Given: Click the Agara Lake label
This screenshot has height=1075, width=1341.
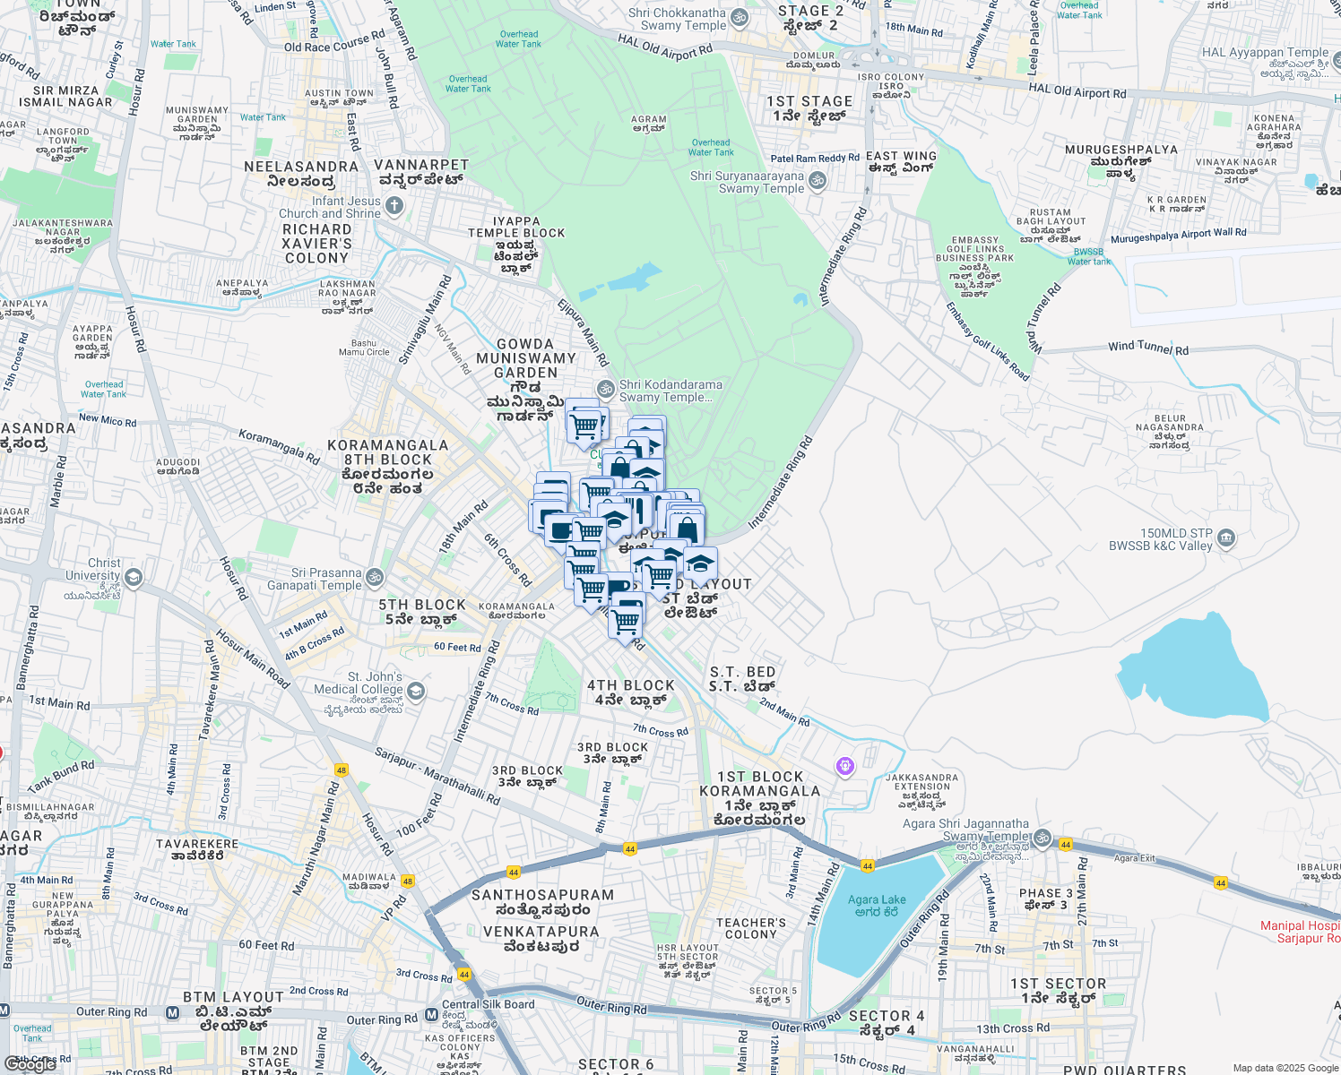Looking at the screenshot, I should (877, 906).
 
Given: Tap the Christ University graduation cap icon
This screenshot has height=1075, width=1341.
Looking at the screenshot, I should (134, 576).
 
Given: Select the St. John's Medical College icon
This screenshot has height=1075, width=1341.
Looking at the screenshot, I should (415, 691).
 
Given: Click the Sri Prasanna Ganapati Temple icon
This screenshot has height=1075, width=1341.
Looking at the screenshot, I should (375, 578).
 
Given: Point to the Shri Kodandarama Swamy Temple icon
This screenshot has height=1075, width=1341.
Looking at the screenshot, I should (606, 390).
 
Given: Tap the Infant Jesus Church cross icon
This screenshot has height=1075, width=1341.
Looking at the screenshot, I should (394, 206).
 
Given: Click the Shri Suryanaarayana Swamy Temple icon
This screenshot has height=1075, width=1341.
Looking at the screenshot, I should (818, 181).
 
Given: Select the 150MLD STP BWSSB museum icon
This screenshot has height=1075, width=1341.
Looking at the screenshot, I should (1226, 538).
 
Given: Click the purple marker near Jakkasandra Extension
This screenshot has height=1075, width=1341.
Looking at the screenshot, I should (844, 766).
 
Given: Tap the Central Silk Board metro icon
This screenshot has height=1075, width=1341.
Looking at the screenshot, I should (431, 1015).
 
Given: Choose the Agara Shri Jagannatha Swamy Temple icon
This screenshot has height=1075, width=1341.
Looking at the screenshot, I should (1042, 838).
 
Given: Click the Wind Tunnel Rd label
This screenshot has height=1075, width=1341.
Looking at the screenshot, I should (1148, 347).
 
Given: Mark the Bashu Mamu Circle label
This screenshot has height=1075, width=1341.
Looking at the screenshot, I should (364, 348).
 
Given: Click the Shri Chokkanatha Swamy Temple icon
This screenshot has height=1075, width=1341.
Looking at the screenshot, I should (740, 18).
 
